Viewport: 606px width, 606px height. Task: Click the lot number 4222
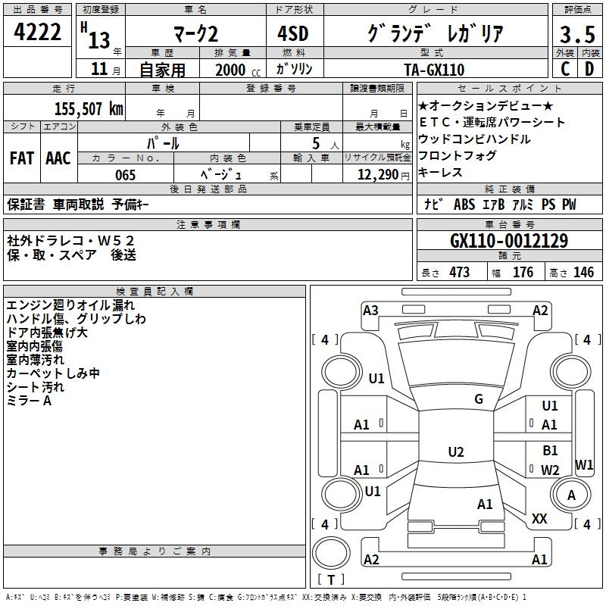tap(37, 32)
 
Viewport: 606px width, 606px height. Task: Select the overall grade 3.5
tap(577, 34)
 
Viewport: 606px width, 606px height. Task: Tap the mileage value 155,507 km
tap(89, 108)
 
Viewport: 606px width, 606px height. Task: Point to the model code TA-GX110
tap(434, 70)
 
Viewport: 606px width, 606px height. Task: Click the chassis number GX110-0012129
tap(509, 241)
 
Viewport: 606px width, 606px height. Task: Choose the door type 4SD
tap(293, 33)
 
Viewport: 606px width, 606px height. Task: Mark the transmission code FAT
tap(22, 158)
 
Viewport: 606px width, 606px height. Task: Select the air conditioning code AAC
tap(58, 158)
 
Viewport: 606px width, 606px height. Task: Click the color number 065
tap(125, 175)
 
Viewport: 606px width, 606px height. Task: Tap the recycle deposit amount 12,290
tap(378, 175)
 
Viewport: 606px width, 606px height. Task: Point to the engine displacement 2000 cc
tap(238, 70)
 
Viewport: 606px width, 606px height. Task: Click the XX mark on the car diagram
tap(539, 518)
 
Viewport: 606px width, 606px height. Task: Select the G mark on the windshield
tap(479, 398)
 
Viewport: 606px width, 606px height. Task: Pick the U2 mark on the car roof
tap(456, 451)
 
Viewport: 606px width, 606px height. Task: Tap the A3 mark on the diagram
tap(370, 311)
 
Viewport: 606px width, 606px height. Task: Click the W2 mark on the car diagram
tap(550, 470)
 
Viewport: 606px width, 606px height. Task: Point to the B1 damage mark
tap(550, 450)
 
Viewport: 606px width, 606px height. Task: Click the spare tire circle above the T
tap(331, 553)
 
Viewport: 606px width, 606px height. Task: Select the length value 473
tap(459, 273)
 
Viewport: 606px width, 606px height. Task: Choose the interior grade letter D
tap(589, 69)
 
